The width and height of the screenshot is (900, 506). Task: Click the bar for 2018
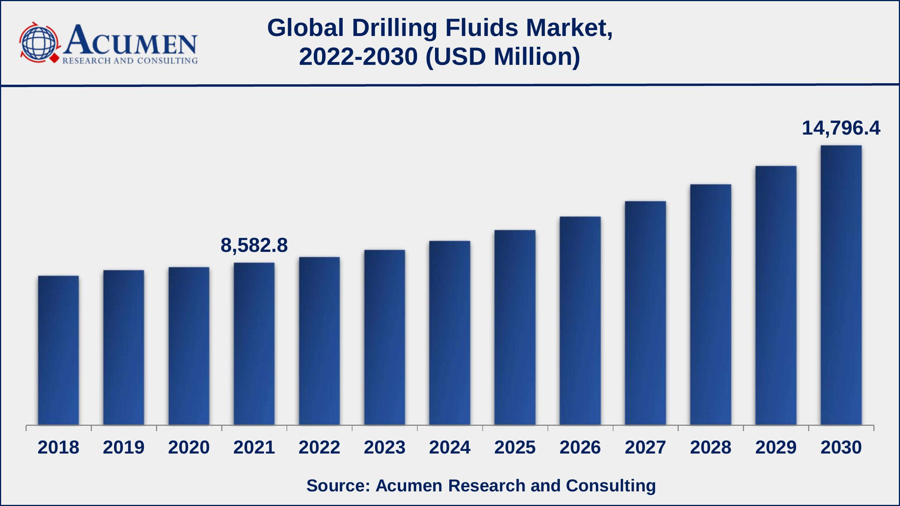[x=58, y=350]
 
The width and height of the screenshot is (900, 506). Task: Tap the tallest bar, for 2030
[x=841, y=285]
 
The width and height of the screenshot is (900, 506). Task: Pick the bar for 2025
[x=515, y=327]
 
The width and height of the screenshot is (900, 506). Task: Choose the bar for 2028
[x=711, y=304]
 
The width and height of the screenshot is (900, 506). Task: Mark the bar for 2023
[x=384, y=337]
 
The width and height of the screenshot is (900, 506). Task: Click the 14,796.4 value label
[x=841, y=128]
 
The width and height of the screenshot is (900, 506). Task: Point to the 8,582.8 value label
[x=254, y=246]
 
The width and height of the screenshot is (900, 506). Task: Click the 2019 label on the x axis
[x=124, y=447]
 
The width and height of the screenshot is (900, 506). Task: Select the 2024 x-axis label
[x=450, y=447]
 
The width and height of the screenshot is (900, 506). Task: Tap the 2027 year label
[x=645, y=447]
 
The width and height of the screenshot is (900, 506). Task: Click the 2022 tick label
[x=319, y=447]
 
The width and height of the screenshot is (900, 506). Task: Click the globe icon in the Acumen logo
[x=39, y=42]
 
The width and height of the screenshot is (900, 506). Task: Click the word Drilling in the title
[x=394, y=28]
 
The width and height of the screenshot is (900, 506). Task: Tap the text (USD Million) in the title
[x=503, y=57]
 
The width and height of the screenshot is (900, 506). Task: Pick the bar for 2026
[x=580, y=320]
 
